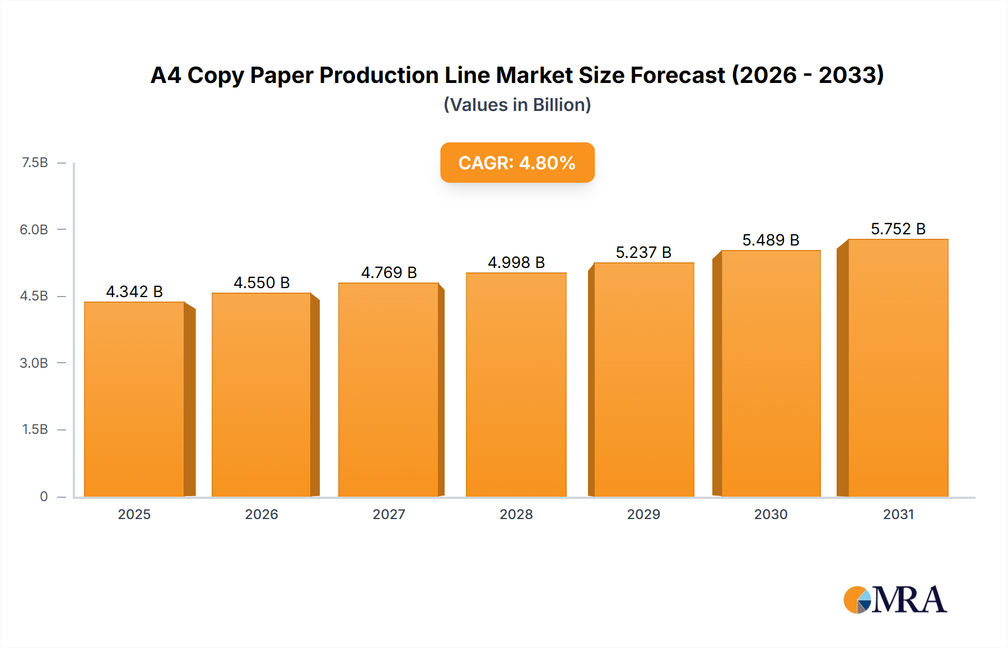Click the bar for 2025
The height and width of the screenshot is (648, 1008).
click(134, 399)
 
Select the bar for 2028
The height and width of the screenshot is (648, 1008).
click(516, 385)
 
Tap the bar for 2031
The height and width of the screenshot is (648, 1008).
click(898, 368)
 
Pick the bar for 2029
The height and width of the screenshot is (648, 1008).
click(643, 379)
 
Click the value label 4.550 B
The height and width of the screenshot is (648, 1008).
click(262, 283)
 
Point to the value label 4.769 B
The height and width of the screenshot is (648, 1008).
click(389, 272)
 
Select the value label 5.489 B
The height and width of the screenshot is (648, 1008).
click(771, 240)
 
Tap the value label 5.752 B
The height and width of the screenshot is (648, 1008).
click(898, 229)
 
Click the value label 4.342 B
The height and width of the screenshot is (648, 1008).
click(134, 291)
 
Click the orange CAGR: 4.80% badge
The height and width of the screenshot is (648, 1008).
click(517, 163)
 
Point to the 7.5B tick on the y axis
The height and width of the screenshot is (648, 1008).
click(35, 163)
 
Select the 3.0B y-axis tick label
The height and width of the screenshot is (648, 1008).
click(34, 363)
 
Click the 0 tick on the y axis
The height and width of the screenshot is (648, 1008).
click(44, 496)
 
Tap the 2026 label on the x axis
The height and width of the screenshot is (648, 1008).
click(262, 514)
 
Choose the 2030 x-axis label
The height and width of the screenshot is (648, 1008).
click(771, 514)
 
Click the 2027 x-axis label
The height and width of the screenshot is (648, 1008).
click(389, 514)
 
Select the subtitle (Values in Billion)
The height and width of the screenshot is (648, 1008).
click(517, 105)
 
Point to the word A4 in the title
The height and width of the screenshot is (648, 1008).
click(166, 75)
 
